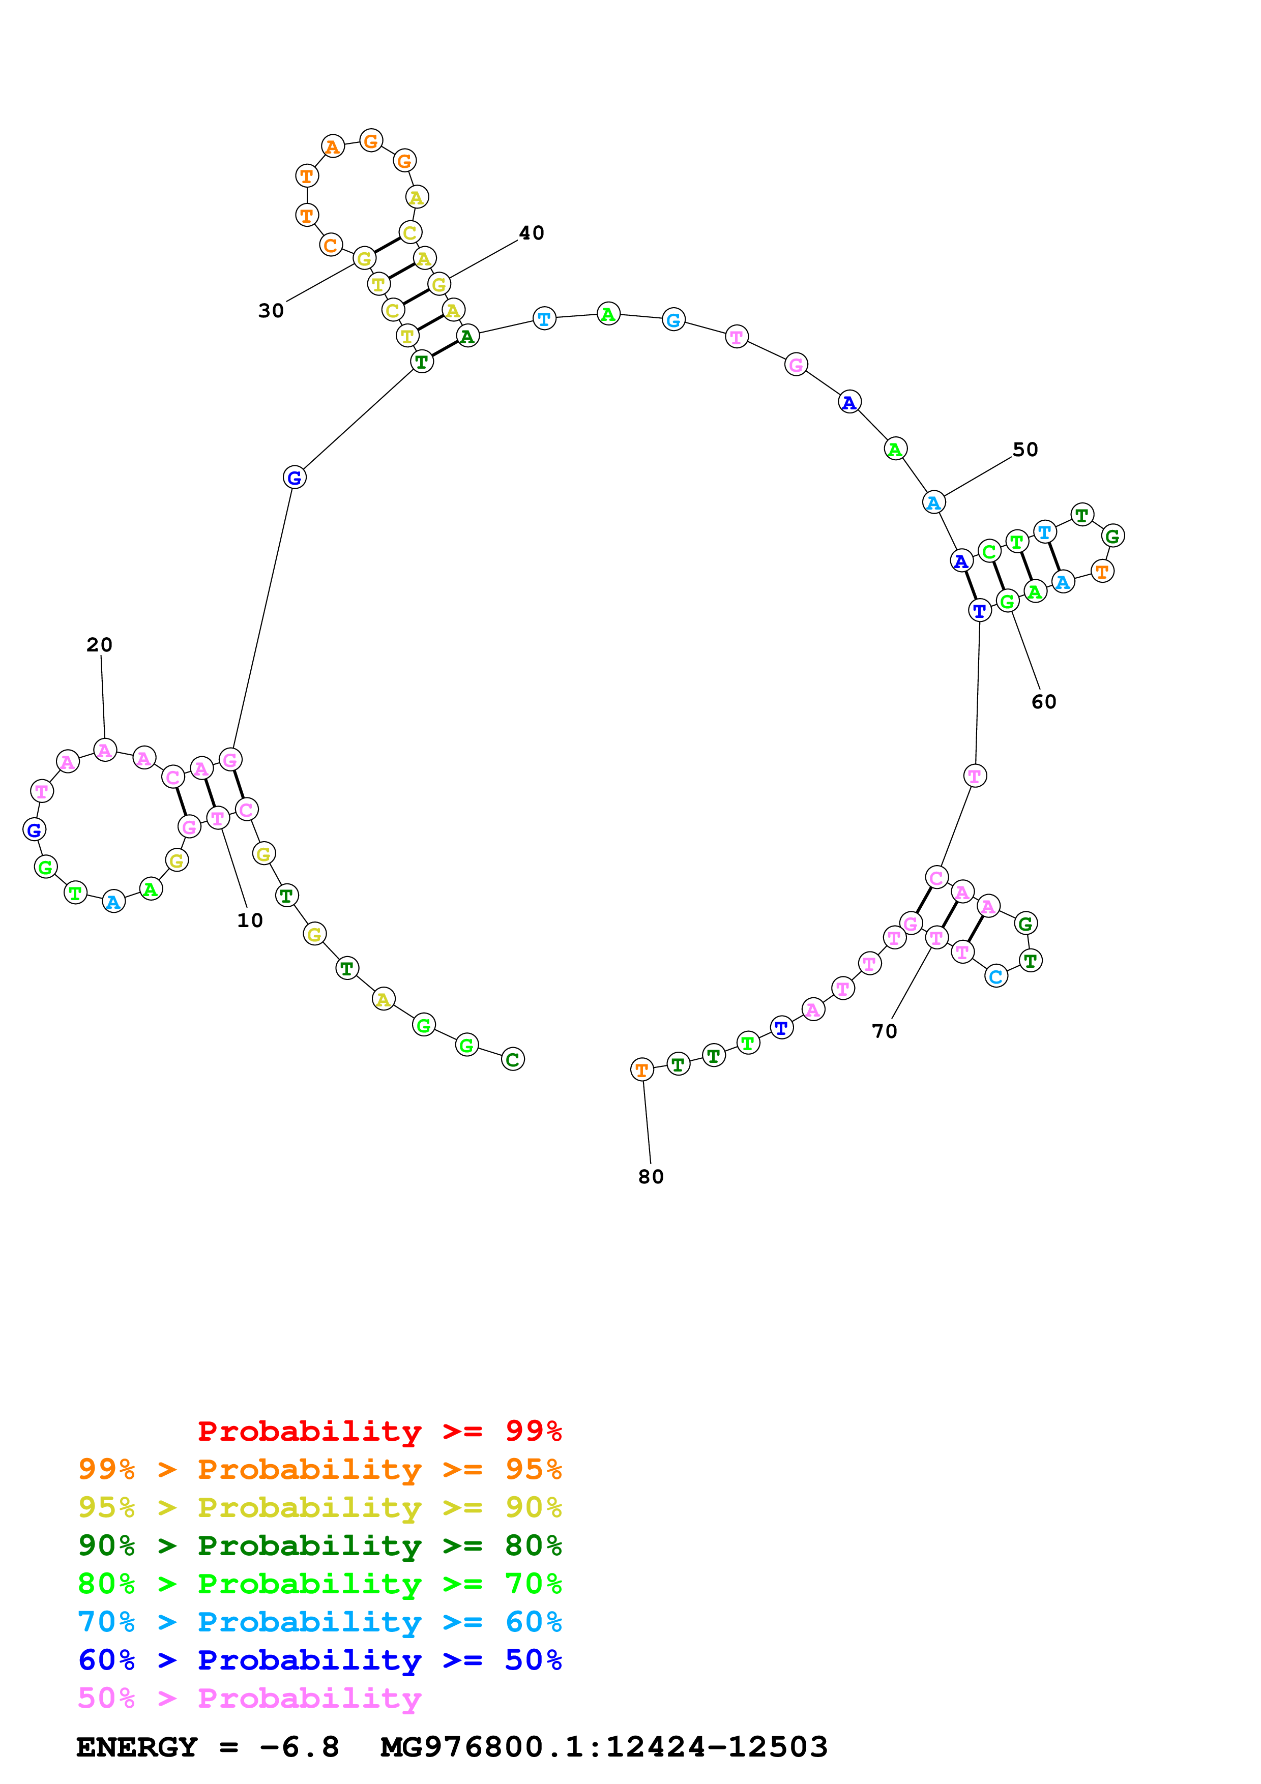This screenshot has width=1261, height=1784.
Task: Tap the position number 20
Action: click(x=100, y=645)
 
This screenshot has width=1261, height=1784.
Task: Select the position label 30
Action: click(x=271, y=311)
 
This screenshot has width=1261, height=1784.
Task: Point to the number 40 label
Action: click(x=532, y=233)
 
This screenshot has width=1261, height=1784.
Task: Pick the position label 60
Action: click(x=1043, y=702)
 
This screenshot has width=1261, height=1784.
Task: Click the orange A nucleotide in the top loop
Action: click(x=333, y=146)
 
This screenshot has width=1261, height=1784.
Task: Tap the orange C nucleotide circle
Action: click(x=330, y=245)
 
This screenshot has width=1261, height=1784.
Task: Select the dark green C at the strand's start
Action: click(x=513, y=1059)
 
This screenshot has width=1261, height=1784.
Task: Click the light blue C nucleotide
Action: click(x=996, y=977)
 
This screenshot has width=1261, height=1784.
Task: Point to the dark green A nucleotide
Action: click(x=467, y=337)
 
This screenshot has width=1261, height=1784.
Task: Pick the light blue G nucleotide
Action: click(x=673, y=319)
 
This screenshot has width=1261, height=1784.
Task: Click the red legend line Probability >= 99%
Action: click(x=379, y=1431)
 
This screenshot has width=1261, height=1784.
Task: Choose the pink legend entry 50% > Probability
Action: click(x=249, y=1699)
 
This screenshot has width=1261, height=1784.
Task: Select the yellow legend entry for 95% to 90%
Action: click(x=319, y=1507)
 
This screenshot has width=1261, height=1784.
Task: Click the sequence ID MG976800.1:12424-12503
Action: click(x=604, y=1747)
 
